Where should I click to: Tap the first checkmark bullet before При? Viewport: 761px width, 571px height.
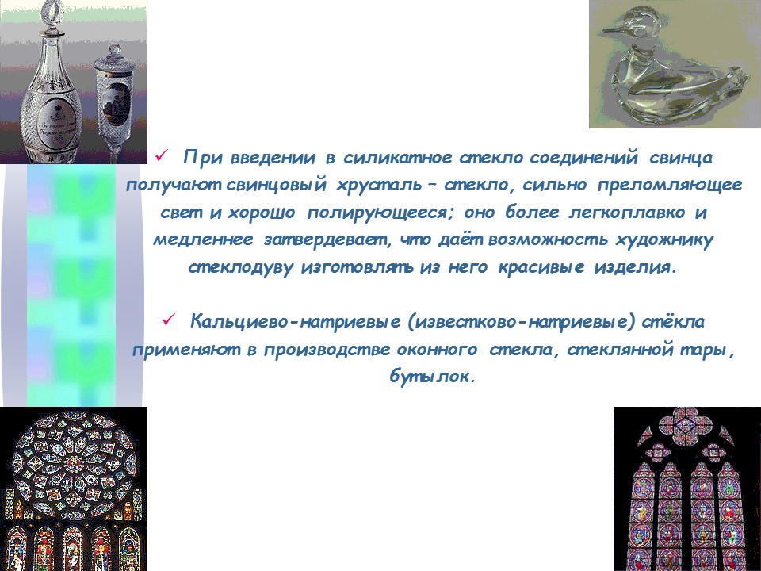pyautogui.click(x=159, y=158)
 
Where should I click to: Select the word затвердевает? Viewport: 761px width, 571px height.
pyautogui.click(x=323, y=240)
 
